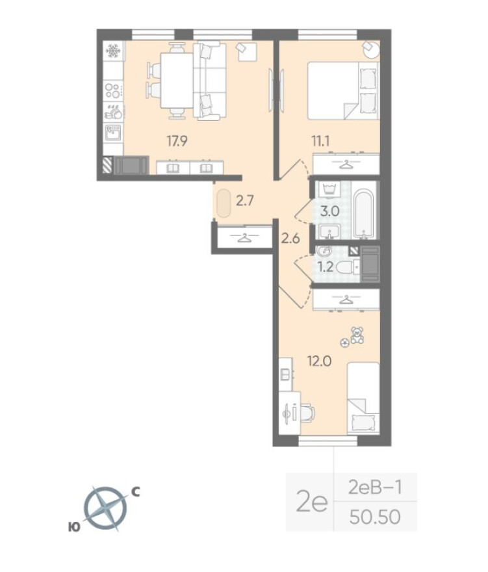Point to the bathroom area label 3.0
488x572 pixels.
click(x=331, y=211)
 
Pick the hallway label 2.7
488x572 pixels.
click(x=244, y=201)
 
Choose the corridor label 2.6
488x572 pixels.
click(x=289, y=237)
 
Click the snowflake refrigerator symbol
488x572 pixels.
click(x=112, y=51)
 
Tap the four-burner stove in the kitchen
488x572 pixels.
click(x=112, y=90)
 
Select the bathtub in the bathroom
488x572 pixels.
click(x=365, y=213)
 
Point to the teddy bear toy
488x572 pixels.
click(x=357, y=335)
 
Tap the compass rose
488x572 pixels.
click(x=105, y=508)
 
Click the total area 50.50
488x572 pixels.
click(x=374, y=517)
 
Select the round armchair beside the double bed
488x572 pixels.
click(x=370, y=49)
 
